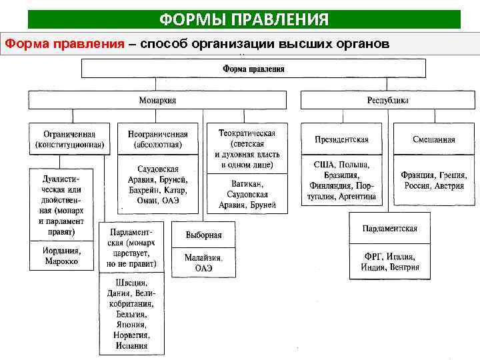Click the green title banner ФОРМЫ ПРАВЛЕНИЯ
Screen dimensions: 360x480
pos(243,19)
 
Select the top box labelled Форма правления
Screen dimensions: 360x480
pos(253,68)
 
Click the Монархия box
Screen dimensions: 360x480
pos(157,101)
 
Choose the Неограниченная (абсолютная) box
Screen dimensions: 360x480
pos(157,139)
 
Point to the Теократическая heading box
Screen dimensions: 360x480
pos(247,148)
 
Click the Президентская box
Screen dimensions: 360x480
pos(341,139)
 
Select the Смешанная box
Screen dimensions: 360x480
pos(433,139)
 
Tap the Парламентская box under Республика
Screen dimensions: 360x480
pos(390,229)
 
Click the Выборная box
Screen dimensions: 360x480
pos(203,235)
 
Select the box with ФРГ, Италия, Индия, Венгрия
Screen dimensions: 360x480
pos(390,262)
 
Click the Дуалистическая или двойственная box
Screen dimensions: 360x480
pos(61,205)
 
